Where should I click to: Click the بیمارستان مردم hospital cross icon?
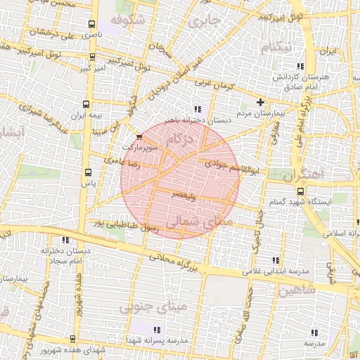point(261,102)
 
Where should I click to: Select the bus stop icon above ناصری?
point(91,24)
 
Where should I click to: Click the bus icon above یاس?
point(88,172)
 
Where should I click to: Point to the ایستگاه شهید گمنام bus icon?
point(300,191)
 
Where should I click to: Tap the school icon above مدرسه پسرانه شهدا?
point(157,329)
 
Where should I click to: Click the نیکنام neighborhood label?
point(276,48)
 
